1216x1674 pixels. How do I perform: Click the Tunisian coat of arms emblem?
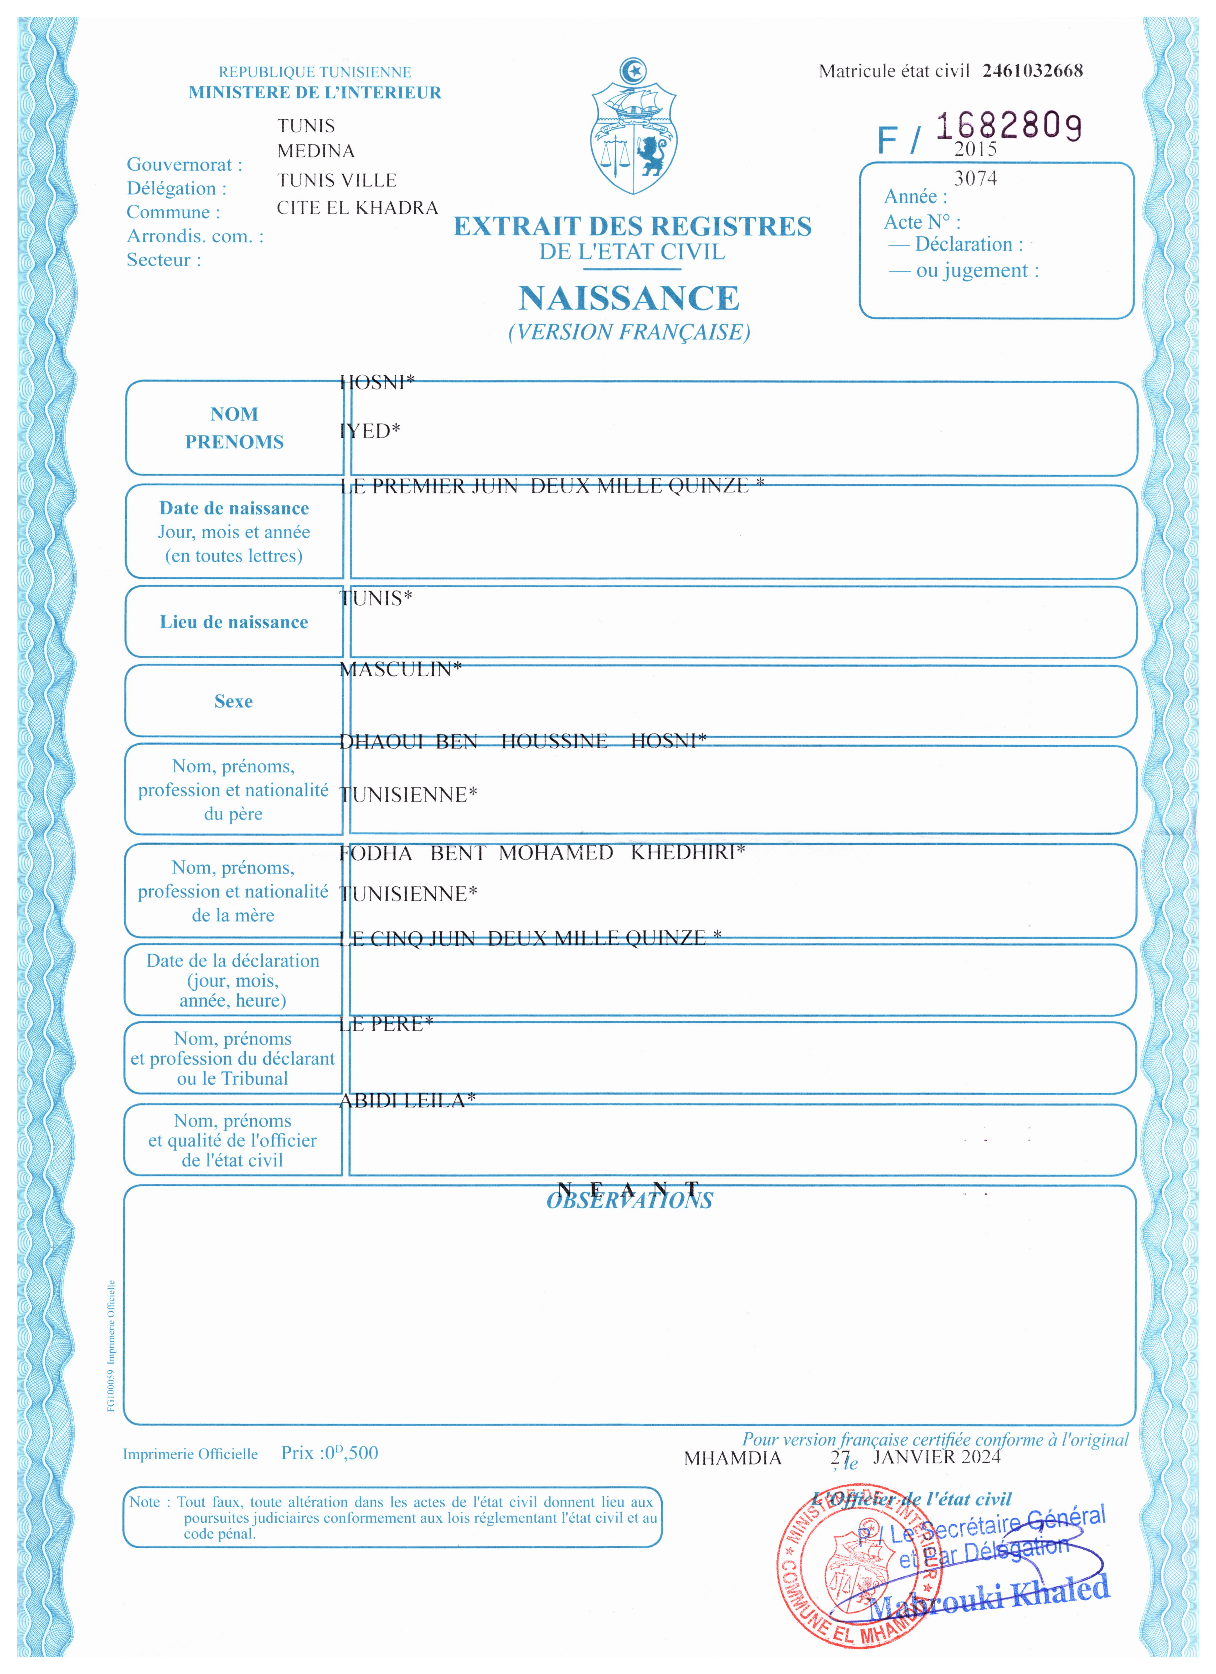[x=633, y=127]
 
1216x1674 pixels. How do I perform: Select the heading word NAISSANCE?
[x=629, y=298]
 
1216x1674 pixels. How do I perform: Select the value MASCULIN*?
[x=400, y=669]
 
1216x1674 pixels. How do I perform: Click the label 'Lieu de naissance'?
[x=234, y=622]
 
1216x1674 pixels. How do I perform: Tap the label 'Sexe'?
[x=233, y=701]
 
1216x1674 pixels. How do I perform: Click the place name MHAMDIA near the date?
[x=732, y=1458]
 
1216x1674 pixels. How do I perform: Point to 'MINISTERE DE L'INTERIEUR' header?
[x=315, y=92]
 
